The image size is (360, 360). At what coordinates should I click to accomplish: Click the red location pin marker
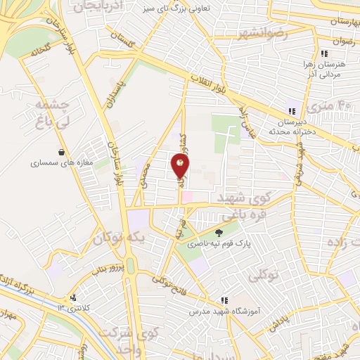pos(181,165)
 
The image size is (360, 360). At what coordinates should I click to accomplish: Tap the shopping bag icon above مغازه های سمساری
pos(63,152)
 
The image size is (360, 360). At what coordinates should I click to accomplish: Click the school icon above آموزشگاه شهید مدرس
pos(224,299)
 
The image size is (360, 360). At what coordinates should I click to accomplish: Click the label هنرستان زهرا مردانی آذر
pos(323,67)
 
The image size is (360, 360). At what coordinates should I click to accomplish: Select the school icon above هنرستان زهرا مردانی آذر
pos(323,53)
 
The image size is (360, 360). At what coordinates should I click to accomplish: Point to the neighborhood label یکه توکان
pos(124,239)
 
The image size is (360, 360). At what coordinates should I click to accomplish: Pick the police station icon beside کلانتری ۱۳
pos(73,297)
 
